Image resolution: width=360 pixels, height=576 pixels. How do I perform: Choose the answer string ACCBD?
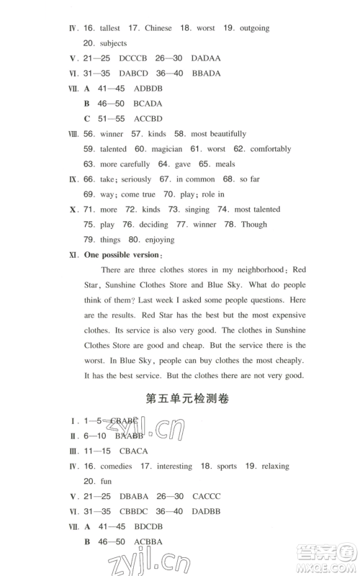pyautogui.click(x=148, y=118)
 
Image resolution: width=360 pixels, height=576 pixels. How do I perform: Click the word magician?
pyautogui.click(x=169, y=149)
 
